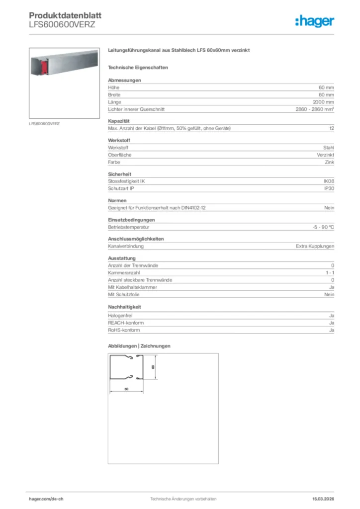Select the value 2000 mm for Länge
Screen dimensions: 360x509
(x=323, y=102)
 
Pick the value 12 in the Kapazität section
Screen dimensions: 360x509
(x=331, y=129)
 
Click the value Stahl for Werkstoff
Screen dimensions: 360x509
(x=329, y=148)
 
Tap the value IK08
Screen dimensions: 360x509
(x=329, y=181)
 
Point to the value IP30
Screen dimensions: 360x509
(x=329, y=189)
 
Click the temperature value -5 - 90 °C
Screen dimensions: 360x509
(x=320, y=227)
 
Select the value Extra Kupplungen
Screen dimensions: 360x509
(x=315, y=247)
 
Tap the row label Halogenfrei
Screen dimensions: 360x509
(x=120, y=316)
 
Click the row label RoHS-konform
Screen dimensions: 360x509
(x=124, y=330)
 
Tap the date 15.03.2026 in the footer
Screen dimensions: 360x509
(x=323, y=499)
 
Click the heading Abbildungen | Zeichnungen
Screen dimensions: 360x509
(x=139, y=346)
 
